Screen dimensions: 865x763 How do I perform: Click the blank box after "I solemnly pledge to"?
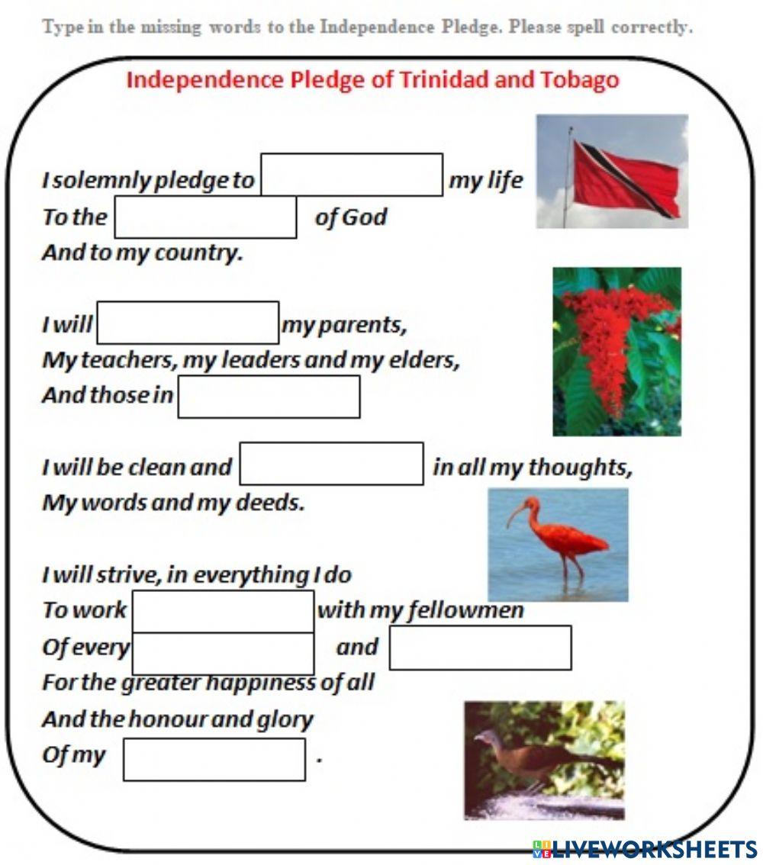tap(352, 175)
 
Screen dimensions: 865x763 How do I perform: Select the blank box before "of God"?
tap(205, 217)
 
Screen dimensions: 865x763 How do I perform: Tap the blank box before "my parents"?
tap(188, 323)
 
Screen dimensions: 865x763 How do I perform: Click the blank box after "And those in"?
tap(269, 397)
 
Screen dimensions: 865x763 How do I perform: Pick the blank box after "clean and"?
tap(331, 464)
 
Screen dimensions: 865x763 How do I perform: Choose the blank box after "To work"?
tap(223, 611)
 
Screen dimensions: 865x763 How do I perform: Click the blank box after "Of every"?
tap(223, 653)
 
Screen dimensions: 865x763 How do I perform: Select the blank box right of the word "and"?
tap(480, 648)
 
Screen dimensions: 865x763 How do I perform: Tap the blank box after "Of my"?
tap(214, 759)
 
